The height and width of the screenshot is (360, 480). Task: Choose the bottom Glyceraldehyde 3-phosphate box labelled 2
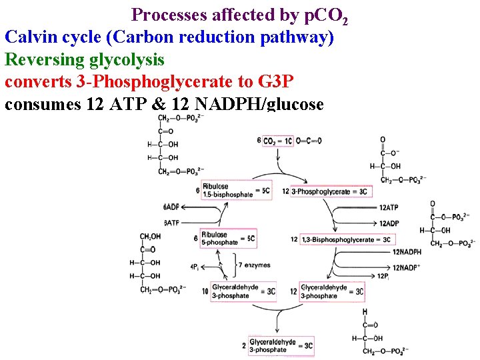pyautogui.click(x=281, y=345)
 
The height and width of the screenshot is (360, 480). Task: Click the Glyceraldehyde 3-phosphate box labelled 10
pyautogui.click(x=243, y=291)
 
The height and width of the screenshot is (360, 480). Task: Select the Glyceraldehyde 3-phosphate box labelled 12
pyautogui.click(x=331, y=291)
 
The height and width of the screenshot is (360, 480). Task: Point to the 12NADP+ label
pyautogui.click(x=406, y=267)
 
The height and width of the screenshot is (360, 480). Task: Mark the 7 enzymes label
pyautogui.click(x=254, y=265)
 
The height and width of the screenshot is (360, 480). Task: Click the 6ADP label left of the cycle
pyautogui.click(x=171, y=207)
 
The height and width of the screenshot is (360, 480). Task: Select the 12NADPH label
pyautogui.click(x=406, y=251)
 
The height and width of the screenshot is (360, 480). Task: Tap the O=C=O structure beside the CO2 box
pyautogui.click(x=309, y=141)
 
